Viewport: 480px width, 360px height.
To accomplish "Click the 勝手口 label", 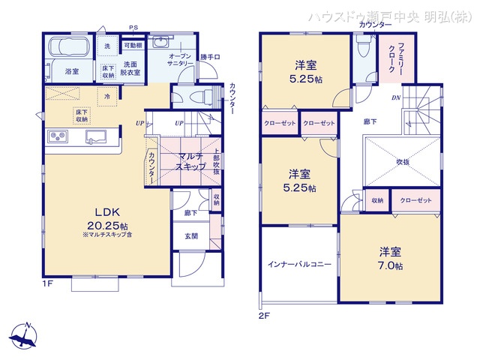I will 210,58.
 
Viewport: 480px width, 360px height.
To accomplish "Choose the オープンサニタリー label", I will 182,61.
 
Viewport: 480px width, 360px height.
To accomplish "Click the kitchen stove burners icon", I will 58,136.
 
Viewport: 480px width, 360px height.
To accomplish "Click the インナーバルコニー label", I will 299,265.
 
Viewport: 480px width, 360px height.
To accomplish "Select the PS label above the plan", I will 134,28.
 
